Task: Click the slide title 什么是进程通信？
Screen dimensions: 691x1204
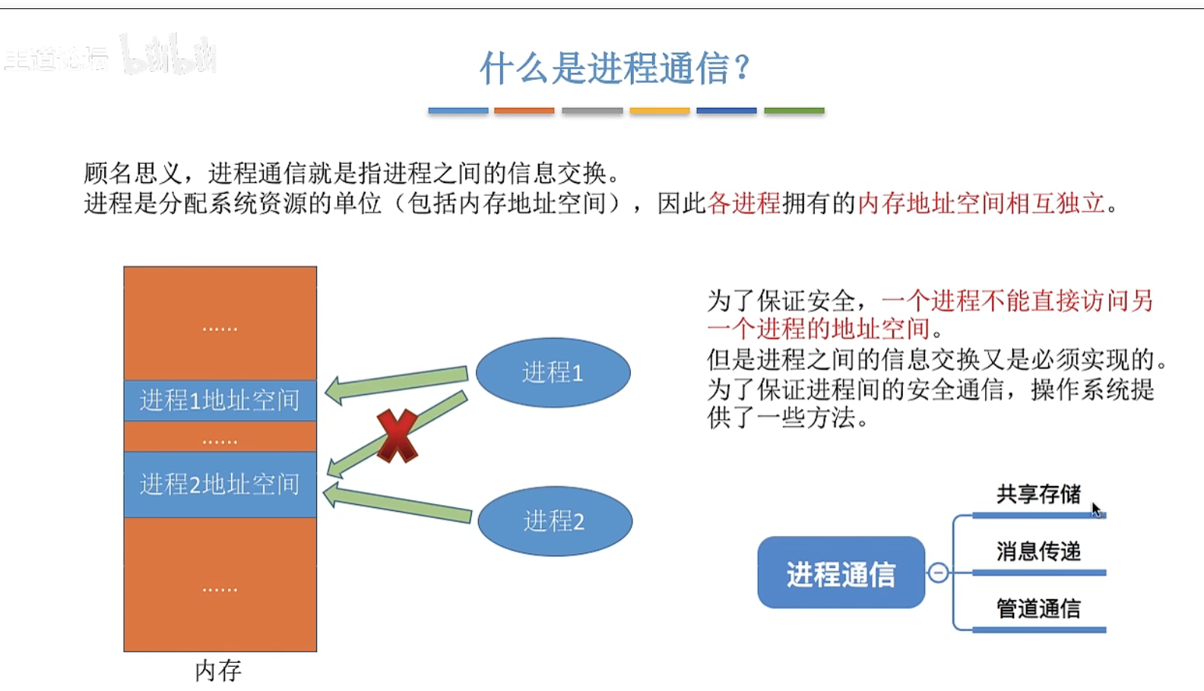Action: point(616,68)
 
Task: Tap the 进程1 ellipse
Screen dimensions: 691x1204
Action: point(553,372)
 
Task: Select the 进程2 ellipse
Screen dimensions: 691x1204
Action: point(554,521)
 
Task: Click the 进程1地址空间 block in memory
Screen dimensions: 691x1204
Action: point(220,400)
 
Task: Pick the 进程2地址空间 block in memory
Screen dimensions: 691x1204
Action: point(220,484)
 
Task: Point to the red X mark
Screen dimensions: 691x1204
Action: point(397,436)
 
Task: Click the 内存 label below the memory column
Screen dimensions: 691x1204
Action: point(218,670)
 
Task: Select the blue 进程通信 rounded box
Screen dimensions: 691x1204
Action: point(841,573)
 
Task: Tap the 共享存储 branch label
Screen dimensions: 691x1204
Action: point(1038,494)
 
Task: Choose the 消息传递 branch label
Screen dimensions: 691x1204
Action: point(1038,551)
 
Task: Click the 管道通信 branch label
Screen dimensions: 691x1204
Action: point(1038,608)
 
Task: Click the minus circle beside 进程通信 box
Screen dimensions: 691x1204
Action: point(939,573)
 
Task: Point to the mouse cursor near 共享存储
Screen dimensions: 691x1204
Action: point(1095,508)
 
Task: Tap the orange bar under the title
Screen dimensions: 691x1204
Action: point(524,111)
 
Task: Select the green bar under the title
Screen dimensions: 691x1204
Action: point(794,111)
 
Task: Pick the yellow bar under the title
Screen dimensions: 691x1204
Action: point(660,111)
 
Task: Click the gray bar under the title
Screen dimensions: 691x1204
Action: point(592,111)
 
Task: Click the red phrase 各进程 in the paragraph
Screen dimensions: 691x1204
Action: point(744,204)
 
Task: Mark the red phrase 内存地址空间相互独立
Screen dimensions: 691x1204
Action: point(981,204)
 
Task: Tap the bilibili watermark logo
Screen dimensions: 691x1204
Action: point(169,55)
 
